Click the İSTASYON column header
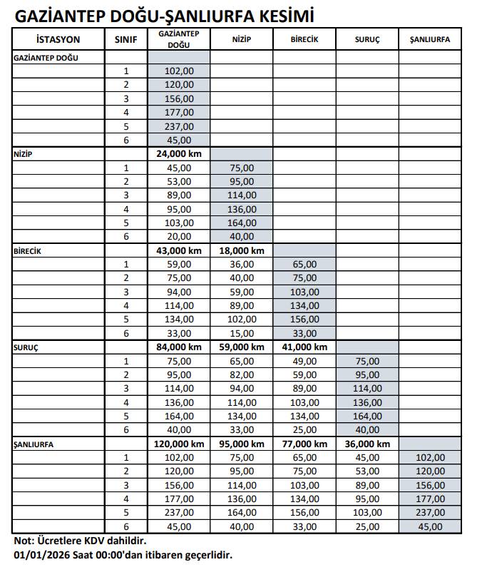pos(58,40)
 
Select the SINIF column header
pos(125,40)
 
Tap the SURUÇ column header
pos(367,40)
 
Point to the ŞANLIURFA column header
pos(429,40)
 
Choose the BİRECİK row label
pos(29,251)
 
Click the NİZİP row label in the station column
pos(24,154)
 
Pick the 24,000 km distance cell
pos(178,154)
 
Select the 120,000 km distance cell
pos(178,444)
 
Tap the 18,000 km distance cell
pos(241,251)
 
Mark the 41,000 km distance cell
pos(304,347)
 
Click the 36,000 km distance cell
pos(367,444)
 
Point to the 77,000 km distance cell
pos(304,444)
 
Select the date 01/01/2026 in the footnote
pos(40,554)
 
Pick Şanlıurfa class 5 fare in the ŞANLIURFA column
pos(429,513)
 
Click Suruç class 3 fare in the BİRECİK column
pos(304,389)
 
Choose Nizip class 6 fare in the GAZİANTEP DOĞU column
pos(178,237)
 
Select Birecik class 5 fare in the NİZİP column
pos(241,320)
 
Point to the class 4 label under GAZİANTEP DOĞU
pos(125,113)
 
